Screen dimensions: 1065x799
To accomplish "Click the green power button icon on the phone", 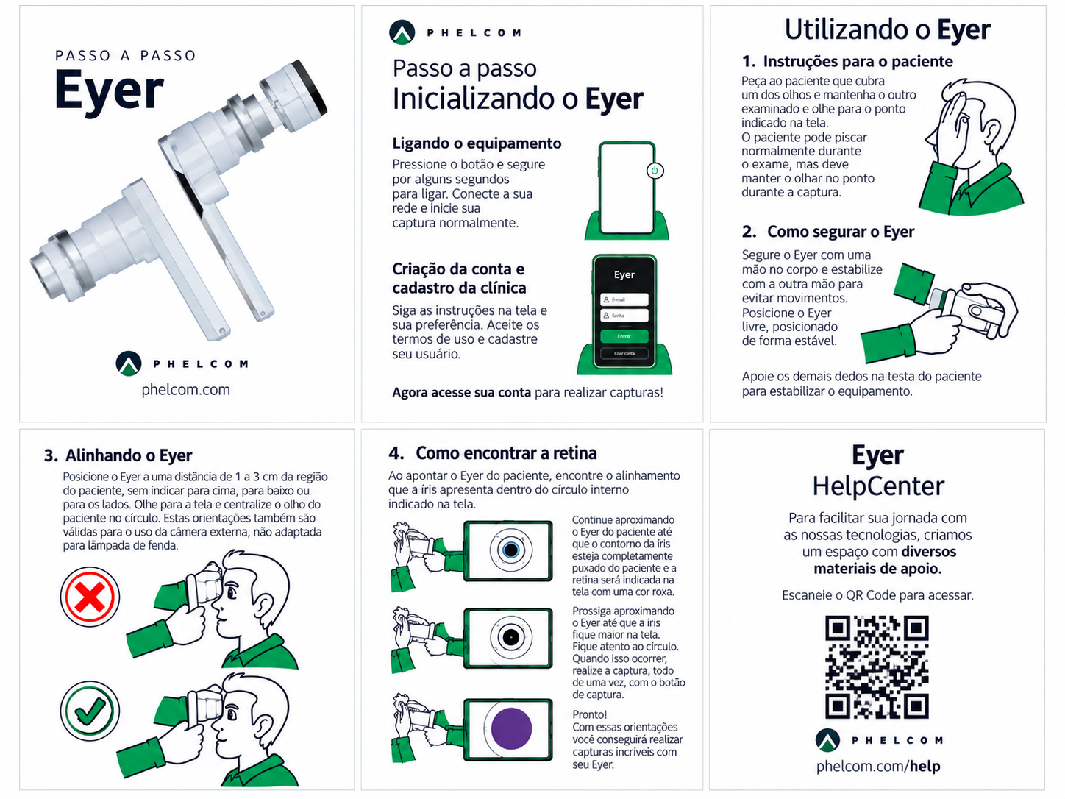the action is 655,170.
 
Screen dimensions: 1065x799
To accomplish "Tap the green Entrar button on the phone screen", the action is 624,336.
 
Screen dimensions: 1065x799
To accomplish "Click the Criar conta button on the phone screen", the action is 624,353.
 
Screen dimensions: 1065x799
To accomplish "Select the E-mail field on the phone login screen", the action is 624,299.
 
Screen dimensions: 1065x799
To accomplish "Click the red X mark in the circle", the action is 90,597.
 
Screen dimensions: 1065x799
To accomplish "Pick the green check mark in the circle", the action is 90,711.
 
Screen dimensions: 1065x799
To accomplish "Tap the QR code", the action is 877,667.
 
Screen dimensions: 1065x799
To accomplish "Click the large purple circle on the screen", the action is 511,728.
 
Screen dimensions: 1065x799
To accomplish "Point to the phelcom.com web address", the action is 186,389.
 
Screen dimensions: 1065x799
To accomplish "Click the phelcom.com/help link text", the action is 878,766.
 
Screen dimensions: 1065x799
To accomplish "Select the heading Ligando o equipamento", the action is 477,143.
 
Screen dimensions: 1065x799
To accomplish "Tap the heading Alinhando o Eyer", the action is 129,455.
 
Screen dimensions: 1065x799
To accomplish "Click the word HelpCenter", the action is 878,486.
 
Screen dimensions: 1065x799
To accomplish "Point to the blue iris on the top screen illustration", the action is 511,550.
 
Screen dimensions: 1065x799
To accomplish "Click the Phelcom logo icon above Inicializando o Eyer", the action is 402,32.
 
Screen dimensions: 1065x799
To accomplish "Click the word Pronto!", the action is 590,714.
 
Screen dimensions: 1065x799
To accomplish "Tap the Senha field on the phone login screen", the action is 624,316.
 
